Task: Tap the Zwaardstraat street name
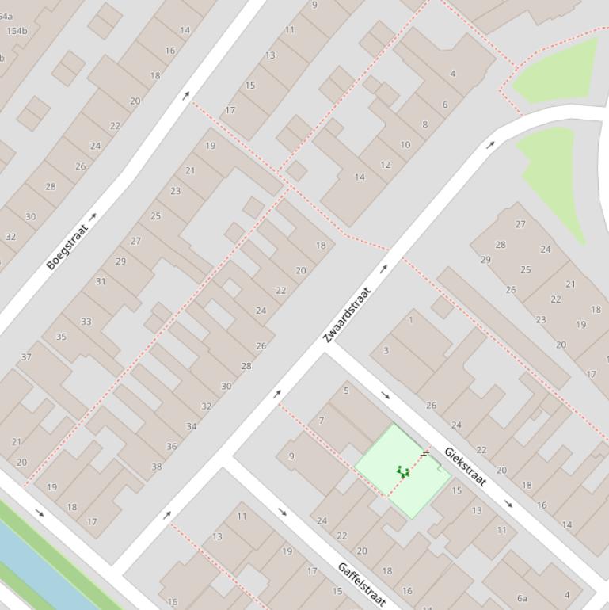tap(347, 315)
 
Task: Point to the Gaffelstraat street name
tap(361, 585)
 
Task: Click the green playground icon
tap(403, 472)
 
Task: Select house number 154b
tap(17, 32)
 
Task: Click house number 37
tap(26, 357)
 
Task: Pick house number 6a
tap(522, 598)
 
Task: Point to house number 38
tap(156, 467)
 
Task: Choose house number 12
tap(385, 165)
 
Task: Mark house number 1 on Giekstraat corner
tap(410, 320)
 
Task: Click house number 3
tap(386, 350)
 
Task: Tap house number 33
tap(86, 322)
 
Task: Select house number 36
tap(172, 446)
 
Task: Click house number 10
tap(405, 145)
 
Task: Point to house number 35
tap(61, 337)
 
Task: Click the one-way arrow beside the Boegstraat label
tap(93, 216)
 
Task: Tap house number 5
tap(346, 391)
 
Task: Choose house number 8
tap(424, 124)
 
